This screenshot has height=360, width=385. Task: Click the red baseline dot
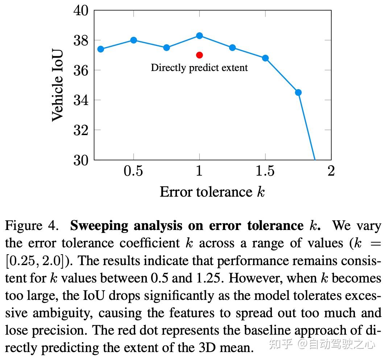[x=199, y=55]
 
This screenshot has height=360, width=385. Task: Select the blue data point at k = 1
[x=199, y=35]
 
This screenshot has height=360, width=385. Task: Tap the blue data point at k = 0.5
[x=133, y=40]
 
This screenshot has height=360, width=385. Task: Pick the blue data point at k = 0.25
[x=101, y=49]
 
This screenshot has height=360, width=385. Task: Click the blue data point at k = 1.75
[x=298, y=92]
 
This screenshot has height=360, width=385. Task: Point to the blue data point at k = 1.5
[x=265, y=58]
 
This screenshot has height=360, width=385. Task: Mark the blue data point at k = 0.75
[x=166, y=47]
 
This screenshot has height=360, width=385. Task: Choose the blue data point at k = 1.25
[x=232, y=47]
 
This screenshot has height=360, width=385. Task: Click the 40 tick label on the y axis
[x=81, y=11]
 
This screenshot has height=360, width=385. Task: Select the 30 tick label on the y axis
[x=81, y=160]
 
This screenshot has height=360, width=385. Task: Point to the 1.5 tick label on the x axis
[x=265, y=171]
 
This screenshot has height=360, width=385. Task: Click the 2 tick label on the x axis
[x=331, y=171]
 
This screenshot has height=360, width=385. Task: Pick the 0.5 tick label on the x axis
[x=133, y=171]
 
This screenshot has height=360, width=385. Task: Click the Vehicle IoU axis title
[x=58, y=85]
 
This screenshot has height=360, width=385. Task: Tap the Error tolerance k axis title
[x=212, y=192]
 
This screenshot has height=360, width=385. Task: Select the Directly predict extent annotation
[x=199, y=68]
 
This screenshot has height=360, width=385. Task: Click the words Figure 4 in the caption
[x=32, y=226]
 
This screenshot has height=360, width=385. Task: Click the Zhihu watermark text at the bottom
[x=320, y=344]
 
